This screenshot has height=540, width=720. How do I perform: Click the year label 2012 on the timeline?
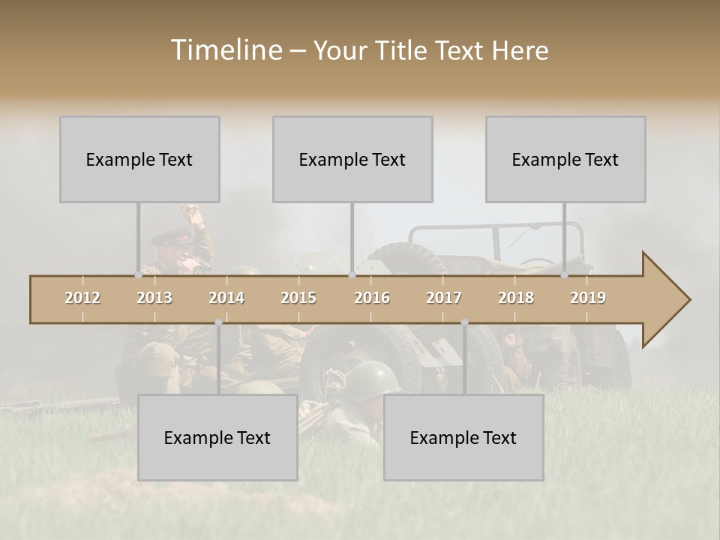pos(82,298)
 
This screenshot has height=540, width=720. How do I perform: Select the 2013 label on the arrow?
pos(154,298)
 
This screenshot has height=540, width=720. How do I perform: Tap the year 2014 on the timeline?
pos(226,298)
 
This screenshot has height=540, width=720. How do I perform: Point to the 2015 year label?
pos(298,298)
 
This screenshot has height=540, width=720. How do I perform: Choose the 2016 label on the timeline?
pos(372,298)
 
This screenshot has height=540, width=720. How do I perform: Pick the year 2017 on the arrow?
pos(444,298)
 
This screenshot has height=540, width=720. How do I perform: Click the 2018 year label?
pos(516,298)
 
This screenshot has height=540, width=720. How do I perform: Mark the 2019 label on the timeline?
pos(588,298)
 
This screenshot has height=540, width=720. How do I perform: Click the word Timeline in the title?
pos(225,50)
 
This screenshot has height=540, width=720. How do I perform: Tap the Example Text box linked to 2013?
pos(139,159)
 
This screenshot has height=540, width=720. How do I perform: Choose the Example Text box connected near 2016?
pos(352,159)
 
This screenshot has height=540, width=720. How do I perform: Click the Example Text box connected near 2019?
pos(565,159)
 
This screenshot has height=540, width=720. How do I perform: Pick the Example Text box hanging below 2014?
pos(217,437)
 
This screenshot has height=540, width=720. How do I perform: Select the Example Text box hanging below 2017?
pos(463,437)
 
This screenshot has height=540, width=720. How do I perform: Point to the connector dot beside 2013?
pos(138,275)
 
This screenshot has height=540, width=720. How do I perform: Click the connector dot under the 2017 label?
pos(464,322)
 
